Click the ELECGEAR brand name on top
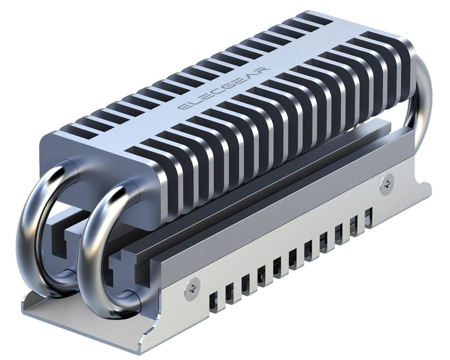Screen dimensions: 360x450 (224, 88)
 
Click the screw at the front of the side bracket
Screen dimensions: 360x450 (192, 287)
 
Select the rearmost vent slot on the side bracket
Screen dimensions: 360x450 (368, 217)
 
